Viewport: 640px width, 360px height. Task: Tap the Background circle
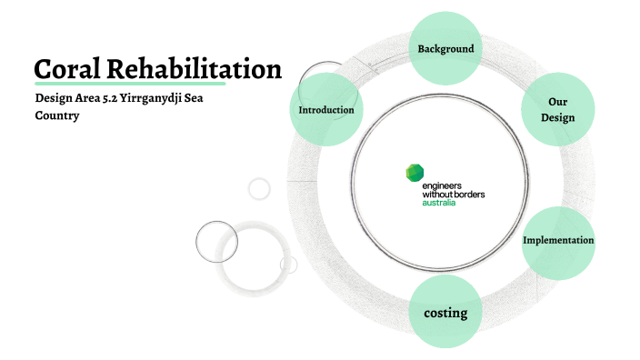point(445,48)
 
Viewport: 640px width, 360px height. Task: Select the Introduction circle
point(326,110)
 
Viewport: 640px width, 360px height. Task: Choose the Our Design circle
point(558,110)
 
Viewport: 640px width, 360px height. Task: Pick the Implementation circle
point(558,241)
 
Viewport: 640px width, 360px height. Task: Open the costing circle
point(445,313)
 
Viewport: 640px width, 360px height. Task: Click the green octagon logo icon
point(414,173)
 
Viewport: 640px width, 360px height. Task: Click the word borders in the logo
point(466,195)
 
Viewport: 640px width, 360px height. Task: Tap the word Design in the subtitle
point(53,99)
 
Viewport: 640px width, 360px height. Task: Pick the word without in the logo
point(435,195)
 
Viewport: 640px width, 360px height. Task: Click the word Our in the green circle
point(558,102)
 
